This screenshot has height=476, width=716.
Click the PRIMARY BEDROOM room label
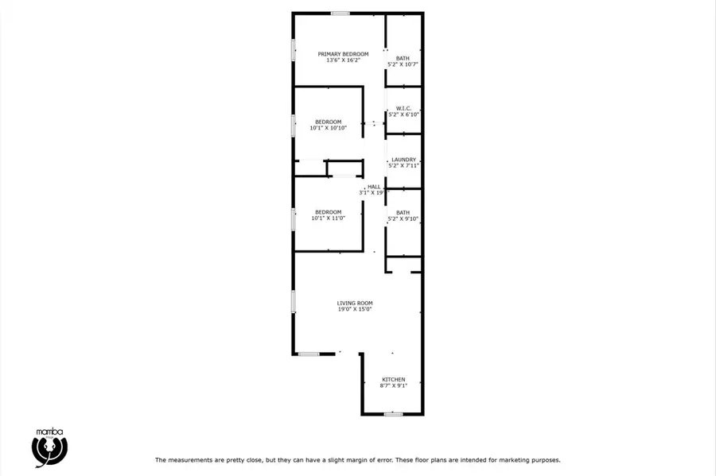[343, 54]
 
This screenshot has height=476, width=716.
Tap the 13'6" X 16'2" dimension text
[343, 60]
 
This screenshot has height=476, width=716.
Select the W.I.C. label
[403, 109]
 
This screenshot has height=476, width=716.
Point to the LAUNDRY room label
[403, 160]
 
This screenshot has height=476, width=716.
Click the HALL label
[374, 187]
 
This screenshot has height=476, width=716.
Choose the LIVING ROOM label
[355, 304]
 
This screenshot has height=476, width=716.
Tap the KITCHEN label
[394, 379]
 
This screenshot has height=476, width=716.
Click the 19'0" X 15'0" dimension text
[355, 309]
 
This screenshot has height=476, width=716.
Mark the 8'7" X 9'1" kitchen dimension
[394, 385]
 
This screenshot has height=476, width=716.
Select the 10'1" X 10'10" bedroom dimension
[329, 128]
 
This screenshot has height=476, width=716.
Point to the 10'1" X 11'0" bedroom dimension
[329, 218]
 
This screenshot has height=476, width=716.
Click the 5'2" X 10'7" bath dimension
[403, 64]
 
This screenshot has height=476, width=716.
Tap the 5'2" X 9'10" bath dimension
[403, 219]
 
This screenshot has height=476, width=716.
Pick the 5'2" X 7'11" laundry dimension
[403, 165]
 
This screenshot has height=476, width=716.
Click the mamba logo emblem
[49, 450]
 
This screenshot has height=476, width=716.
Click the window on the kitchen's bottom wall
[393, 414]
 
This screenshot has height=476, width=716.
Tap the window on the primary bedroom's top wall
[340, 14]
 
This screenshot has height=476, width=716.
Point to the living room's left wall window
[293, 301]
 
